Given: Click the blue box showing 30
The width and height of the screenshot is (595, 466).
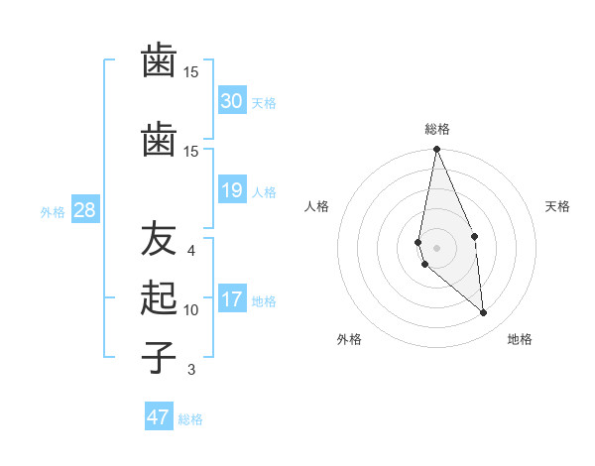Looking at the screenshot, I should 231,101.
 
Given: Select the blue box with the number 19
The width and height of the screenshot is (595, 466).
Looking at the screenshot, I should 231,190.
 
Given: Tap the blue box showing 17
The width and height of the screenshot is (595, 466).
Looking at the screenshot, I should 231,299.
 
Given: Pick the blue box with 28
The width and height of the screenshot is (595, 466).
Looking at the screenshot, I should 84,210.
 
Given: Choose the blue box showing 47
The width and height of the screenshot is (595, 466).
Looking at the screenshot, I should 159,417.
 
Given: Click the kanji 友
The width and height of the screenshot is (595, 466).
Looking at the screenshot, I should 159,241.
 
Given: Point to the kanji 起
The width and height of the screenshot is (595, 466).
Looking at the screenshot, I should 159,297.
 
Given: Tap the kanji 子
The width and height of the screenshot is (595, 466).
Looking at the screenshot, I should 159,356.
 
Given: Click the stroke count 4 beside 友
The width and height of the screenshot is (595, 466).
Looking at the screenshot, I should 191,251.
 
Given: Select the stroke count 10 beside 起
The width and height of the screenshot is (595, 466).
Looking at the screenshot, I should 191,309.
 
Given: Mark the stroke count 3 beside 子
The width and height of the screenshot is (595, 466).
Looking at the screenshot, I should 191,370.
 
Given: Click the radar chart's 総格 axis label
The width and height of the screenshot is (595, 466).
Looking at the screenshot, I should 437,129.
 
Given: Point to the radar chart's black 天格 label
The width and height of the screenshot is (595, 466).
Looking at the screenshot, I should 558,206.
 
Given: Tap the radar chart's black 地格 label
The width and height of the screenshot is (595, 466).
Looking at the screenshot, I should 520,339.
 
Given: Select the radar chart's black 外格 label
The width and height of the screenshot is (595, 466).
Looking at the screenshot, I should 349,339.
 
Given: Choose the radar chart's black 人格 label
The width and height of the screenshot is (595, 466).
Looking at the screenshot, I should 317,206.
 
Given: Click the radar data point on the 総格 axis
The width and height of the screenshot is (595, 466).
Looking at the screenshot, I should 436,150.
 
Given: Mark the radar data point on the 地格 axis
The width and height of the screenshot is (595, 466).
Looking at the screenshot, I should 484,313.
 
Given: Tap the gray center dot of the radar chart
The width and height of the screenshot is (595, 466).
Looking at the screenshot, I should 436,247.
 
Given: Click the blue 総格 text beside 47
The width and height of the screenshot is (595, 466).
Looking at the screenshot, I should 190,419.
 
